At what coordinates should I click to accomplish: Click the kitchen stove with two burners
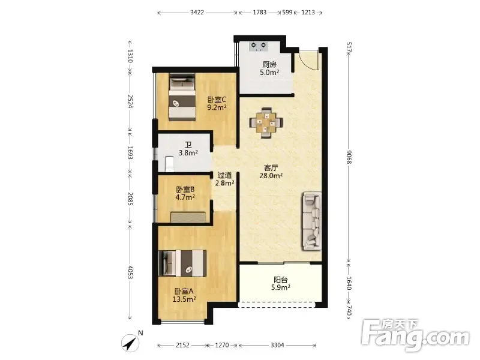point(259,46)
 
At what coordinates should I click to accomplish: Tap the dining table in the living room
point(266,123)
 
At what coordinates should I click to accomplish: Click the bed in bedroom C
point(182,97)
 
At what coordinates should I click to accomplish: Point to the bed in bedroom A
point(182,263)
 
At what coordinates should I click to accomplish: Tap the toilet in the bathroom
point(169,164)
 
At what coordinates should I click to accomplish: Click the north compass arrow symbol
point(131,343)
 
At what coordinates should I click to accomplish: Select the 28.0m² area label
point(271,176)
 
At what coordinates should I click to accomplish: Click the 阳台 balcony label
point(281,280)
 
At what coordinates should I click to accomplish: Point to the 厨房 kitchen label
point(269,65)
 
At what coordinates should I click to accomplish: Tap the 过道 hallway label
point(224,175)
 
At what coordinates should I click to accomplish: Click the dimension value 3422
point(197,13)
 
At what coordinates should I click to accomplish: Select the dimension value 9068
point(349,157)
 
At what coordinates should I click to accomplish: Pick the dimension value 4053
point(130,272)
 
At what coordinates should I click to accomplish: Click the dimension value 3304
point(277,346)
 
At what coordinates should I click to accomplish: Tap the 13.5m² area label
point(184,299)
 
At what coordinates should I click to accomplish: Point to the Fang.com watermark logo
point(415,335)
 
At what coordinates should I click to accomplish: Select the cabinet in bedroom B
point(188,217)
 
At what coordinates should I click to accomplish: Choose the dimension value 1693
point(130,153)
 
